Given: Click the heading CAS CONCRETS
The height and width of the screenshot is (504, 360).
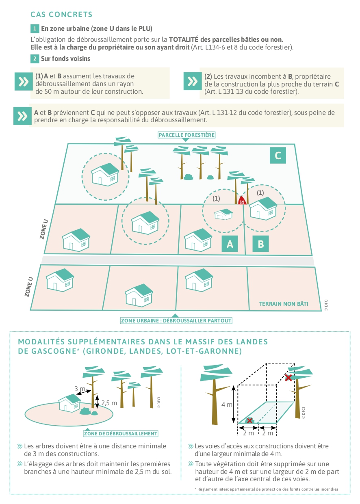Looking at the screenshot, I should pyautogui.click(x=61, y=15).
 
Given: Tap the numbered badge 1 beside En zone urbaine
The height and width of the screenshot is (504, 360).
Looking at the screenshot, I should pyautogui.click(x=35, y=28).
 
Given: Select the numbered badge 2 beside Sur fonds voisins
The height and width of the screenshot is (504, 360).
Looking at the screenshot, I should pyautogui.click(x=35, y=58).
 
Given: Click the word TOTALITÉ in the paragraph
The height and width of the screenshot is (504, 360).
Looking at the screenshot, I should pyautogui.click(x=185, y=39).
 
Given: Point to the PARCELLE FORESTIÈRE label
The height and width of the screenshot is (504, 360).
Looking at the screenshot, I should pyautogui.click(x=187, y=135).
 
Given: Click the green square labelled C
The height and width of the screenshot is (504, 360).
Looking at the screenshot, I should pyautogui.click(x=278, y=155).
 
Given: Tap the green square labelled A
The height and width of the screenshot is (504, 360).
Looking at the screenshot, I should pyautogui.click(x=230, y=244).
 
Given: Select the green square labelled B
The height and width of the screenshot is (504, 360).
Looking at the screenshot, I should pyautogui.click(x=261, y=244).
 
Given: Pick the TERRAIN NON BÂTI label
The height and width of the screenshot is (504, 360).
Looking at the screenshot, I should pyautogui.click(x=284, y=303).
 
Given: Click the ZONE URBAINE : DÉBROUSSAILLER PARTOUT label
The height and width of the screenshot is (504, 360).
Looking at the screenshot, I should pyautogui.click(x=176, y=320).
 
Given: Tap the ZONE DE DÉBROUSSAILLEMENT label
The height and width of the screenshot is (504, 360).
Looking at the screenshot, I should pyautogui.click(x=121, y=433).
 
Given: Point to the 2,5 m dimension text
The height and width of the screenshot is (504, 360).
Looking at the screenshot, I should pyautogui.click(x=108, y=403).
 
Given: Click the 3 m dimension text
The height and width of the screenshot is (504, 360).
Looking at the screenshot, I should pyautogui.click(x=80, y=389).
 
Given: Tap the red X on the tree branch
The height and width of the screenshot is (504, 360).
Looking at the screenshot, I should pyautogui.click(x=288, y=378).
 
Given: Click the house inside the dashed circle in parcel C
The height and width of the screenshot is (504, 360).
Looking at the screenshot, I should pyautogui.click(x=105, y=174).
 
